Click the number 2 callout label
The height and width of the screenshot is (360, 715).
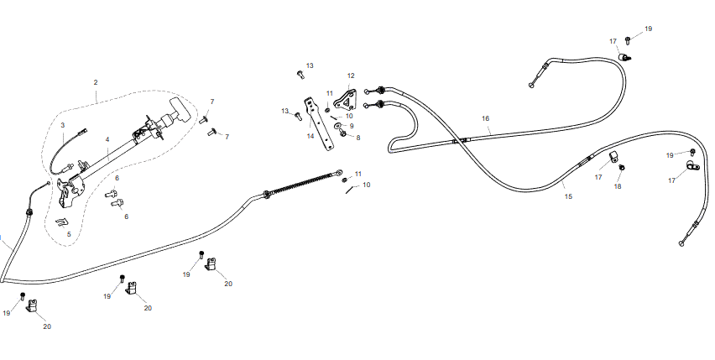point(96,82)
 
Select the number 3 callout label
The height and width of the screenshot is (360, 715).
point(62,125)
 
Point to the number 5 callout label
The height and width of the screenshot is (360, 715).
point(69,234)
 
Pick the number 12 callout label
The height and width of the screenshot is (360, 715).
point(351,76)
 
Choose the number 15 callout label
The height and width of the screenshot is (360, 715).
point(568,196)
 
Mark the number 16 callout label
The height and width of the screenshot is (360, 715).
point(485,118)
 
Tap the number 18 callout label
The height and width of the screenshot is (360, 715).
point(618,186)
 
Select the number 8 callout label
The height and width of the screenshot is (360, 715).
point(357,138)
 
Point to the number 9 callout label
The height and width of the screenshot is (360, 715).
point(351,126)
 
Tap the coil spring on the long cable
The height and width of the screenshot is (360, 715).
point(302,185)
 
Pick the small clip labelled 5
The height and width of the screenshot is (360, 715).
point(61,222)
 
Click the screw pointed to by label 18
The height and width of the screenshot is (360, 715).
point(622,167)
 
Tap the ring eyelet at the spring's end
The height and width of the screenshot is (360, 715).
point(340,175)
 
